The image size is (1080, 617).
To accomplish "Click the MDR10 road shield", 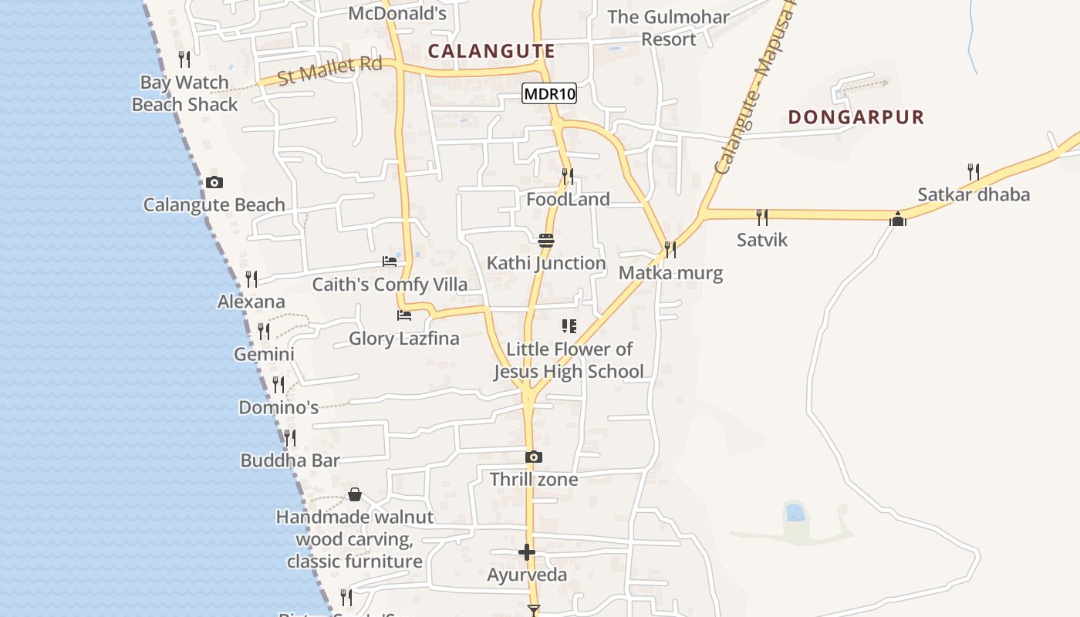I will click(549, 94).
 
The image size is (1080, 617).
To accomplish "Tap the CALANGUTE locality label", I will click(491, 52).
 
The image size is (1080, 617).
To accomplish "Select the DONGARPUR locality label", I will click(856, 117).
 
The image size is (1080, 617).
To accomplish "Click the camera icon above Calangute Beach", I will click(214, 183).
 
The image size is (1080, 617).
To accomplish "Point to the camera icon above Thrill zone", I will click(533, 457).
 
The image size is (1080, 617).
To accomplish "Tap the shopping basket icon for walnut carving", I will click(355, 494).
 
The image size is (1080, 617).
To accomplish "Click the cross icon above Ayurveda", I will click(527, 552).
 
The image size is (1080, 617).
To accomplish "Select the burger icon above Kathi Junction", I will click(546, 241).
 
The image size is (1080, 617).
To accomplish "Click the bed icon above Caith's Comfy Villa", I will click(390, 261).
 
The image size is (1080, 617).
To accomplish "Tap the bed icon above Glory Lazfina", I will click(403, 315).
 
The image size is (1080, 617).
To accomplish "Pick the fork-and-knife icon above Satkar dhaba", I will click(974, 171).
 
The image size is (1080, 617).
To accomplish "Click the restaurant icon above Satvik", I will click(762, 217).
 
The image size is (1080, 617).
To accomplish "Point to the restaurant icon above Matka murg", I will click(670, 249).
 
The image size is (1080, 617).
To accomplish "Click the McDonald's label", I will click(397, 13).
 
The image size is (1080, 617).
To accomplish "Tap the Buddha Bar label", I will click(290, 460).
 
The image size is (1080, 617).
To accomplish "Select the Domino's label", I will click(278, 407).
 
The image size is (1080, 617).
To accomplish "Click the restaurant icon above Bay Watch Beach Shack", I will click(184, 59).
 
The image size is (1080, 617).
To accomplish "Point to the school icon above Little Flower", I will click(569, 326).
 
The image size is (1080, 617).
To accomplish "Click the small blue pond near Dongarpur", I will click(794, 513).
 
